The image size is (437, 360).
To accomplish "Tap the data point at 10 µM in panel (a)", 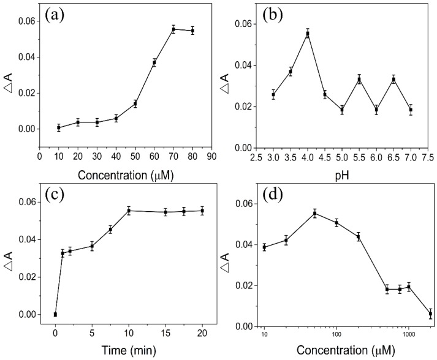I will click(x=59, y=127).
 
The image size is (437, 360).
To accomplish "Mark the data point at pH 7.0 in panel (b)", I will click(x=410, y=110).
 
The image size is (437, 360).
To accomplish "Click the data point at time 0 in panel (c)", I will click(x=55, y=314).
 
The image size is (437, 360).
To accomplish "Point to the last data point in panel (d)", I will click(x=430, y=313).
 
